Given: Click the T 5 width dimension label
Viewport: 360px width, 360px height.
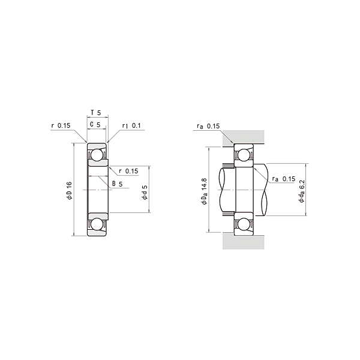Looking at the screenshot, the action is tap(96, 113).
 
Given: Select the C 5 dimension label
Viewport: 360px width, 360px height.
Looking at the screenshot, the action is tap(95, 125).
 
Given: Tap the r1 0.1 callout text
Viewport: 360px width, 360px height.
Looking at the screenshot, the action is tap(131, 125).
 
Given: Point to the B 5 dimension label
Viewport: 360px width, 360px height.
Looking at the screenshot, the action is tap(118, 184).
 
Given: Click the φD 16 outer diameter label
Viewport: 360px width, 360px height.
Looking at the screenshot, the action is tap(69, 191).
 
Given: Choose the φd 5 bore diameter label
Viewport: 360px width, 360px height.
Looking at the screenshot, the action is tap(145, 192).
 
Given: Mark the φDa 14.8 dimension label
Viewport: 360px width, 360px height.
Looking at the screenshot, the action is tap(204, 191).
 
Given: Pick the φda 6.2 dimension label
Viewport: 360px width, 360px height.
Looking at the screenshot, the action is tap(302, 191).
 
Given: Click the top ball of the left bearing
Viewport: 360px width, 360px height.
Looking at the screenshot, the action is tap(97, 155).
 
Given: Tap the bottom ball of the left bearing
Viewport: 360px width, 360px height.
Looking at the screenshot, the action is tap(97, 224).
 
